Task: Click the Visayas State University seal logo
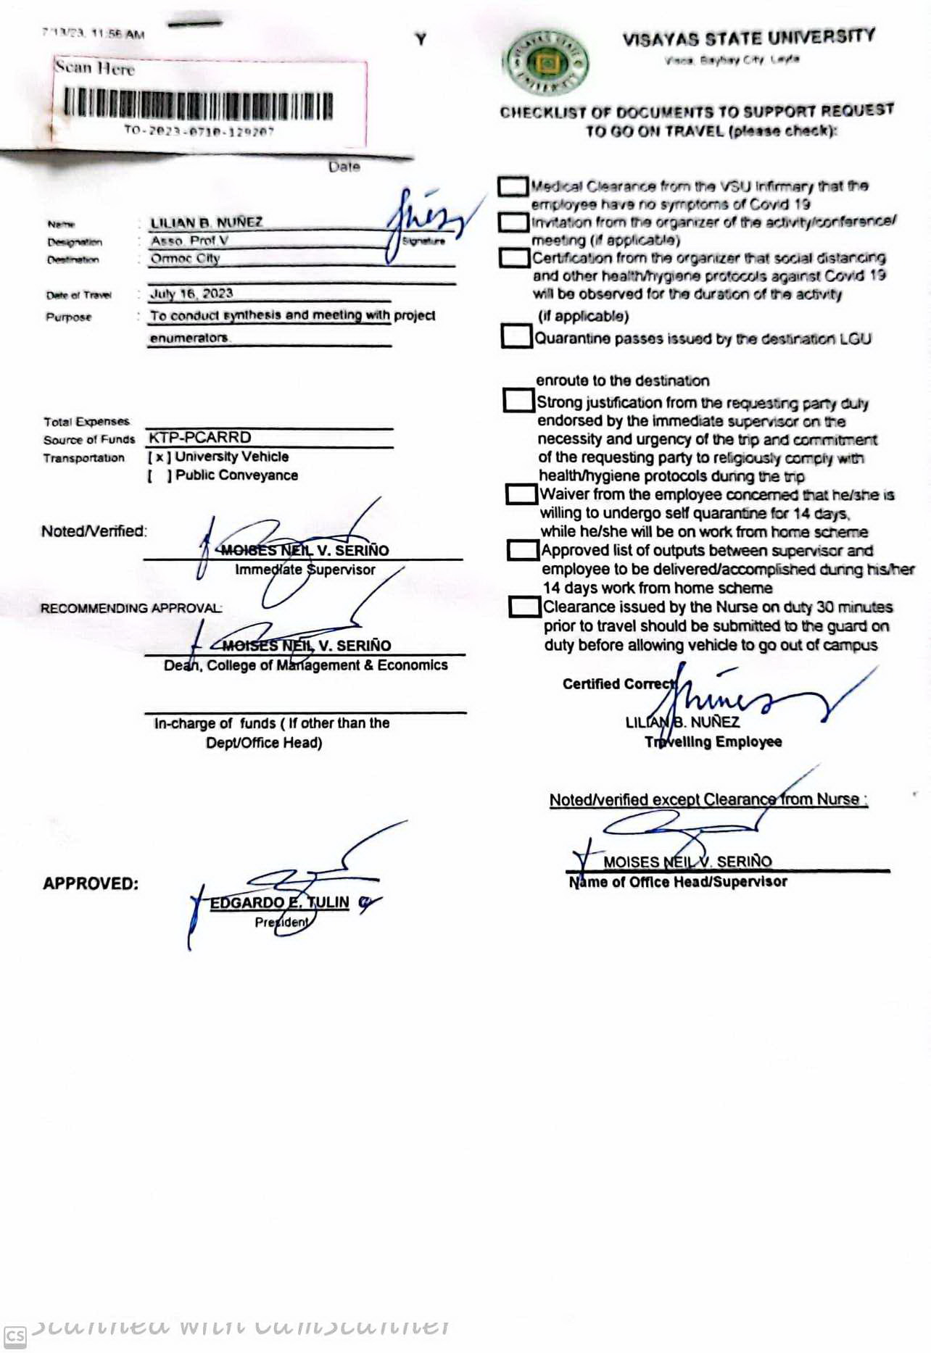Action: [x=547, y=62]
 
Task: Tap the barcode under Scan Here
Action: [x=197, y=104]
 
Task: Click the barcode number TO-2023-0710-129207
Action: [x=199, y=131]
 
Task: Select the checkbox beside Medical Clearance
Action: [x=513, y=186]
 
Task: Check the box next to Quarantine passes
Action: [x=516, y=336]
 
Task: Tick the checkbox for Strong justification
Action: [x=518, y=400]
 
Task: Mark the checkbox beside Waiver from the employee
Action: [x=521, y=494]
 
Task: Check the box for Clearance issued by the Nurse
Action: [x=524, y=607]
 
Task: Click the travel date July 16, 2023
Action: [x=191, y=294]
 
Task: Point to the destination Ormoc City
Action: [x=185, y=259]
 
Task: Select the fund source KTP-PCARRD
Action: [x=199, y=438]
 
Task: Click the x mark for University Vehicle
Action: [x=159, y=457]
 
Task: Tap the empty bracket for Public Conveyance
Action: [x=160, y=475]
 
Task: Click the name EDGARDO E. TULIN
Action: [x=279, y=903]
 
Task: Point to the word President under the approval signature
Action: [x=281, y=923]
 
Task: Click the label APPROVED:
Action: [x=91, y=884]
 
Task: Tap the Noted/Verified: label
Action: [x=94, y=531]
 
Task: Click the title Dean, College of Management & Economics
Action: [x=305, y=665]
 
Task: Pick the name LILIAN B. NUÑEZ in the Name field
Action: [x=207, y=222]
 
